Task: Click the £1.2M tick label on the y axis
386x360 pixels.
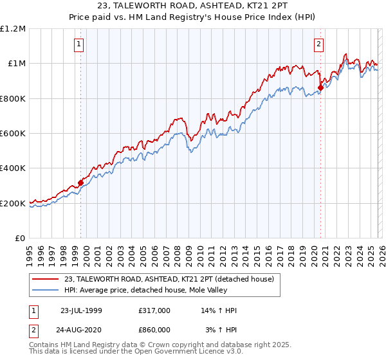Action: (12, 28)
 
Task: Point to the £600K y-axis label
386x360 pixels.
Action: (12, 134)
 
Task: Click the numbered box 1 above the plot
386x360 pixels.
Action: (78, 44)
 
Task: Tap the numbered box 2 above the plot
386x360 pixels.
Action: (318, 44)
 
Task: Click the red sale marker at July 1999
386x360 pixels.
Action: (81, 183)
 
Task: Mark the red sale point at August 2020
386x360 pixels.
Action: (320, 87)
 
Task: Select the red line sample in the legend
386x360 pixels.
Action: (46, 279)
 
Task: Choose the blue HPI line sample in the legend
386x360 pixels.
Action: (46, 291)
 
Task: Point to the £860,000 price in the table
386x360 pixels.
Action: (154, 329)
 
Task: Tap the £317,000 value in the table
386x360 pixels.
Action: (154, 310)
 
